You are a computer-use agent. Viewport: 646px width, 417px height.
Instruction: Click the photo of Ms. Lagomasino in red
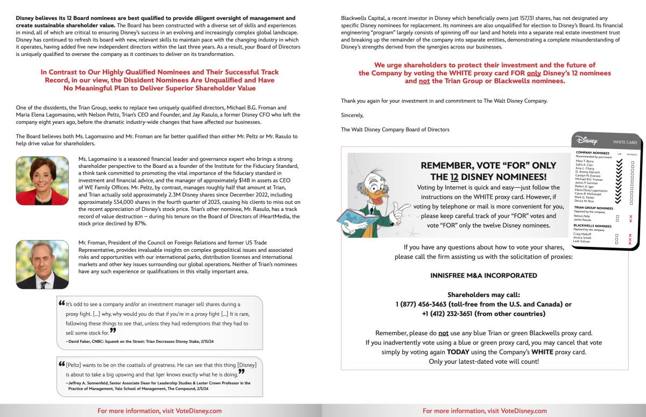tap(43, 181)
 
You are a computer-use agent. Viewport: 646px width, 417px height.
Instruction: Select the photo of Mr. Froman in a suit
tap(43, 264)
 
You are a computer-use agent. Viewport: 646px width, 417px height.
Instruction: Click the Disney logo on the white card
tap(587, 141)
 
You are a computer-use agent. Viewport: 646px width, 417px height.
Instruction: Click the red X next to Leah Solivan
tap(630, 243)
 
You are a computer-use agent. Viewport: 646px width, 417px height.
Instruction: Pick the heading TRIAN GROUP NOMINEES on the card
tap(593, 208)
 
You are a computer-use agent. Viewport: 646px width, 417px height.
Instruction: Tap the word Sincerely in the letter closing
tap(352, 115)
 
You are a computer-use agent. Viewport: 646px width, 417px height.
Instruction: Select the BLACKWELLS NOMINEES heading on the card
tap(592, 226)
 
